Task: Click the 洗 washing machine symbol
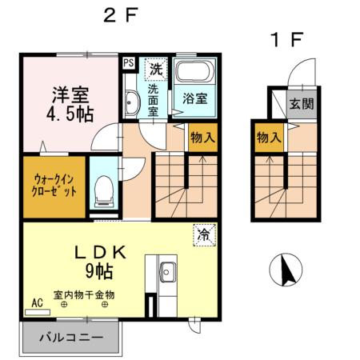(x=157, y=69)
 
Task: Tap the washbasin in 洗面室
(x=132, y=102)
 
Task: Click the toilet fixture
(x=102, y=189)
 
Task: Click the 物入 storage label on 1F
(x=269, y=138)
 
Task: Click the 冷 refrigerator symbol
(x=204, y=235)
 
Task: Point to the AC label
(x=36, y=302)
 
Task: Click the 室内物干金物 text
(x=84, y=295)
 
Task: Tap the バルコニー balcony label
(x=72, y=338)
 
